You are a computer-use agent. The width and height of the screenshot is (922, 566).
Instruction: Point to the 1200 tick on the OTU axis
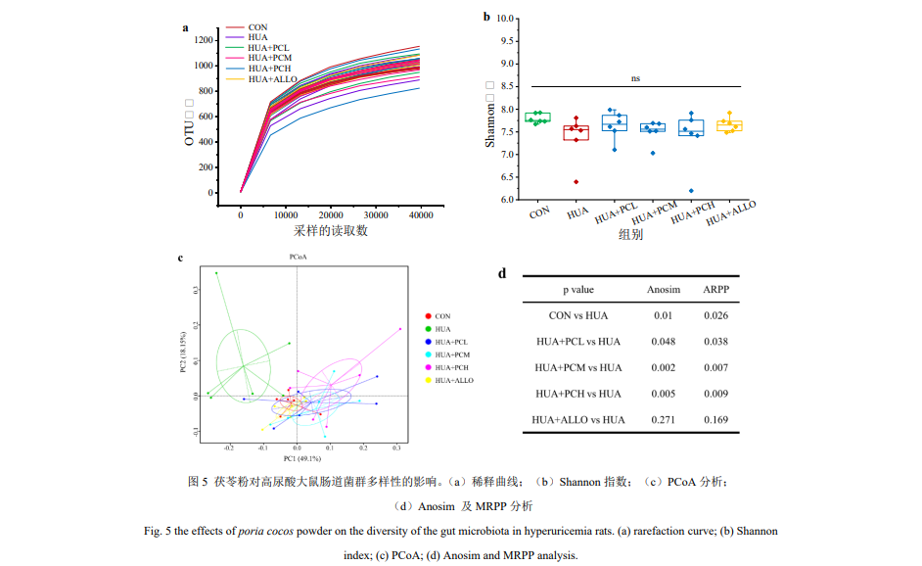click(x=204, y=40)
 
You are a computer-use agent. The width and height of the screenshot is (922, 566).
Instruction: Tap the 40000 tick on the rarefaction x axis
click(x=420, y=212)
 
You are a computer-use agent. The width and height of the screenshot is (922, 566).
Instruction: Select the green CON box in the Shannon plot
click(x=537, y=118)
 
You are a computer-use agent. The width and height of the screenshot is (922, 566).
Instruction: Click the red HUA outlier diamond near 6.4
click(x=576, y=181)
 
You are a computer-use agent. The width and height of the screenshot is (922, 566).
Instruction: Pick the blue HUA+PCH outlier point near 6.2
click(x=691, y=191)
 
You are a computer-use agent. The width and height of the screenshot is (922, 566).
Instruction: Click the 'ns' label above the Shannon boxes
click(x=635, y=78)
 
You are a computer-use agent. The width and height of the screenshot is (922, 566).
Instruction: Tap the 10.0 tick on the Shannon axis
click(x=506, y=19)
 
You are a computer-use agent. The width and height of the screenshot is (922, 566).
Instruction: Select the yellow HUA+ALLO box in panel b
click(x=729, y=125)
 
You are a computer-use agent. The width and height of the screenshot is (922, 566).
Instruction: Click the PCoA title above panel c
click(x=298, y=257)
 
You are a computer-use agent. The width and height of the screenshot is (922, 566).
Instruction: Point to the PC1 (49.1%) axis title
click(x=304, y=457)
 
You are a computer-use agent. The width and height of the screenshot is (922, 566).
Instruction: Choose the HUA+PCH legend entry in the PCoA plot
click(x=453, y=366)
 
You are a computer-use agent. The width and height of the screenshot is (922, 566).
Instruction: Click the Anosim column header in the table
click(x=664, y=290)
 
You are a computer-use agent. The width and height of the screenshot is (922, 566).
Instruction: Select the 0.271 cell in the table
click(x=664, y=420)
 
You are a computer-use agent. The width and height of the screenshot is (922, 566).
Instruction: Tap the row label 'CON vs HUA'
click(x=577, y=315)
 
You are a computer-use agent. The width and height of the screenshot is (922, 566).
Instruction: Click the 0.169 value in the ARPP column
click(x=715, y=420)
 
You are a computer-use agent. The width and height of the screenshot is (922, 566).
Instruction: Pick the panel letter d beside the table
click(x=502, y=273)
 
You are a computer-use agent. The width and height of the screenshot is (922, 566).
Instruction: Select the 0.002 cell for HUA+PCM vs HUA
click(x=664, y=367)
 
